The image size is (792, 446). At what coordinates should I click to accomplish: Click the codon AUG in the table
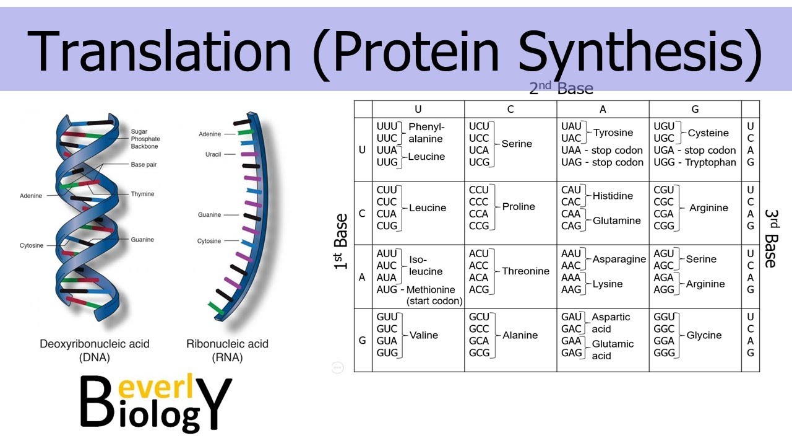pos(387,289)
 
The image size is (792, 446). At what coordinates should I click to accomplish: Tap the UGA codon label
pos(664,150)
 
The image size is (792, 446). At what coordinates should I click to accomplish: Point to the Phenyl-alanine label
pos(426,133)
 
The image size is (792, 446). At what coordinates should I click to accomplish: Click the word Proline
pos(519,206)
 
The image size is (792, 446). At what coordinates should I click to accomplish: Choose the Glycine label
pos(704,335)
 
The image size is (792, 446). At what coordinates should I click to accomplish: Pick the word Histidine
pos(613,196)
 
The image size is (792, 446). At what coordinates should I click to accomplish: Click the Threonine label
pos(526,271)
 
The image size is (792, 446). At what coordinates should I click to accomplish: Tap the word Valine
pos(424,335)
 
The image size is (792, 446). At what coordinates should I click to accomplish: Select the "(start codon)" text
pos(434,301)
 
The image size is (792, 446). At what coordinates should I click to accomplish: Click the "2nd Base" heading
pos(561,88)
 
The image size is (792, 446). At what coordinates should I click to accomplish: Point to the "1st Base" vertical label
pos(341,242)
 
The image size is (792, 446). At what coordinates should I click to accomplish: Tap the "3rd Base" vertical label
pos(772,238)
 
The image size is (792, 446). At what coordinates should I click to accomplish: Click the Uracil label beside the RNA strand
pos(213,154)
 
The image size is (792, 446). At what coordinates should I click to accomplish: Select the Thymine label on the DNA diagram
pos(142,194)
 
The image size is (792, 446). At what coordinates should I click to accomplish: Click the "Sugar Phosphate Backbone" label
pos(145,139)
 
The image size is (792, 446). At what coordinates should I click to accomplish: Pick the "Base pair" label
pos(144,165)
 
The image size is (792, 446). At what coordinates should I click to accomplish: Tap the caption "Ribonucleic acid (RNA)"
pos(227,351)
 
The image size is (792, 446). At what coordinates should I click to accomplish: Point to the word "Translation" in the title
pos(159,51)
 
